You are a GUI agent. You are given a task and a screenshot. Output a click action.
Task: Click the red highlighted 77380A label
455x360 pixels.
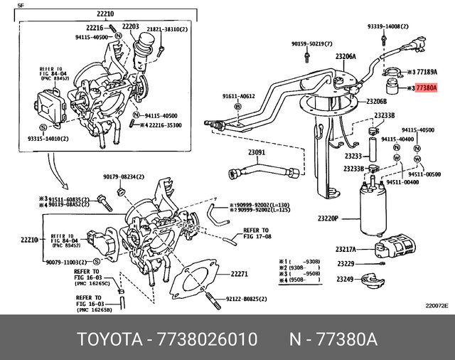pos(427,89)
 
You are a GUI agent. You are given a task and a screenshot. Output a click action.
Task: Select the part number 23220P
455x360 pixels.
pos(328,218)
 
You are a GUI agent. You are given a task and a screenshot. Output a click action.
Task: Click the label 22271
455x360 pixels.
pos(239,274)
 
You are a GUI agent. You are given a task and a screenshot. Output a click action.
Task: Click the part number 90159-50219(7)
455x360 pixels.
pos(311,44)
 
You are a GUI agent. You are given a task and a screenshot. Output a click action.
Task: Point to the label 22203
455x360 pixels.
pos(130,26)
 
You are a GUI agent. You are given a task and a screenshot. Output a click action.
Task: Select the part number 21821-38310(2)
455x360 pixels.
pos(167,30)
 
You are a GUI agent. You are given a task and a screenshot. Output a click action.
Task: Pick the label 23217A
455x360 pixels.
pos(346,250)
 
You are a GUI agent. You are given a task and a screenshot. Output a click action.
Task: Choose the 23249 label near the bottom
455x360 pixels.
pos(344,279)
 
